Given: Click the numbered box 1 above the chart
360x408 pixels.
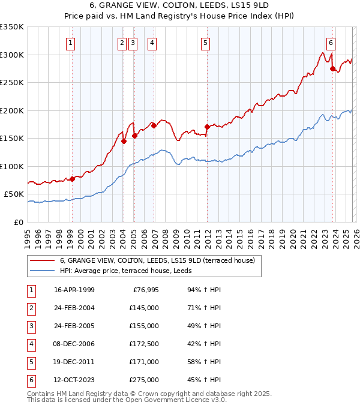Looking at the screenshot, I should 71,43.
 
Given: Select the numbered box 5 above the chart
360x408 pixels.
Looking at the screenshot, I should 205,43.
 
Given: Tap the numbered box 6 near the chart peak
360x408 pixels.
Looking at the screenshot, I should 331,43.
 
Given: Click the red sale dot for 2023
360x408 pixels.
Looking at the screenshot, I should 332,68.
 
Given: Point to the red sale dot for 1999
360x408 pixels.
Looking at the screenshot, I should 72,179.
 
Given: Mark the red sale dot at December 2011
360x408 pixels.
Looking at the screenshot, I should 207,127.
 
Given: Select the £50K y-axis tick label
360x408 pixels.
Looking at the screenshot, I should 14,194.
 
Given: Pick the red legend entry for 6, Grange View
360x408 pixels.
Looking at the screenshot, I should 157,260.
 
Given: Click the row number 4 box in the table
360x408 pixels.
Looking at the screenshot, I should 31,344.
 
